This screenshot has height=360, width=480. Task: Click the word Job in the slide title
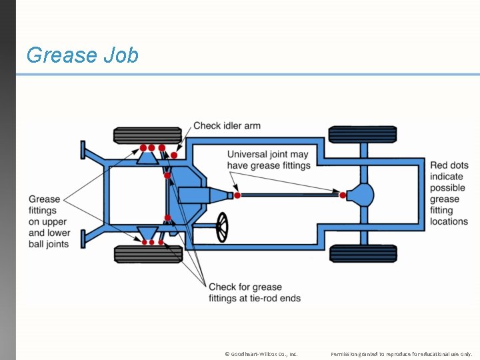[121, 55]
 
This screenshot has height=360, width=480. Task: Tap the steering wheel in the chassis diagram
[222, 227]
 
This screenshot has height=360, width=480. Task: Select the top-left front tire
[138, 135]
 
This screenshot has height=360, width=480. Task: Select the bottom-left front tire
[139, 254]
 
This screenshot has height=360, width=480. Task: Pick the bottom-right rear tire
[363, 254]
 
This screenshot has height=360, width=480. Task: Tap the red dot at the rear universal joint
[343, 195]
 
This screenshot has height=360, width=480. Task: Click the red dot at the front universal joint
[237, 195]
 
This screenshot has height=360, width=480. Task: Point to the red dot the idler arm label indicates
[174, 155]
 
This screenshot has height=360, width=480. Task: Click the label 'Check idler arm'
[227, 126]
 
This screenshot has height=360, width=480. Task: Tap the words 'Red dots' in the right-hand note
[449, 165]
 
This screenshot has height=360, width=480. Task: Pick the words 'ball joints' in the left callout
[49, 244]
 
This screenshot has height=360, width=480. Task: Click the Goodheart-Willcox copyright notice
[261, 354]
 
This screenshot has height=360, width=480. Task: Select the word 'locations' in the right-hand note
[449, 221]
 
